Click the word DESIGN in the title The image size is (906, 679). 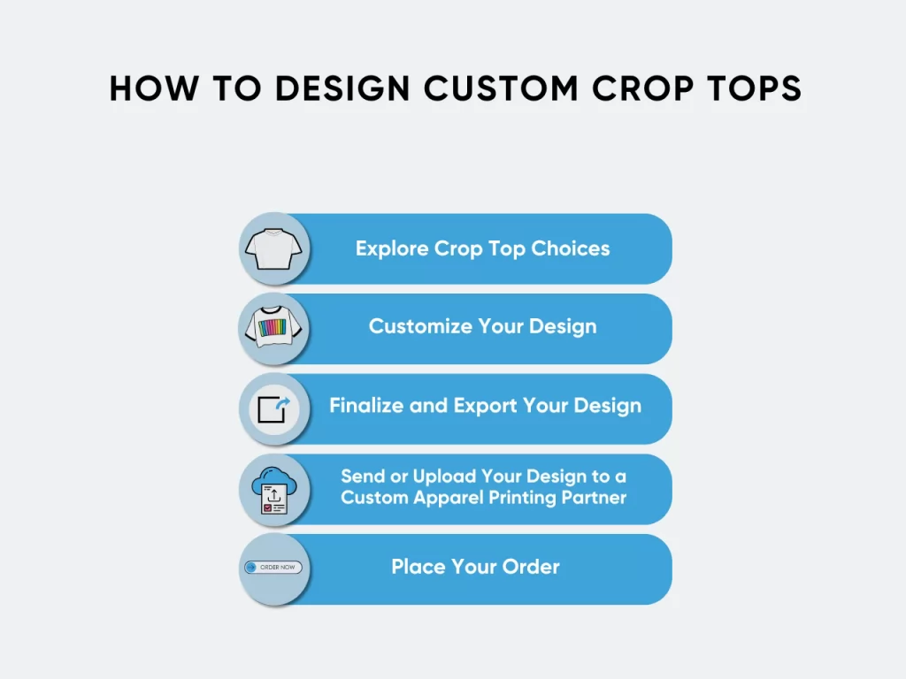(x=342, y=88)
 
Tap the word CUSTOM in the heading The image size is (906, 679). (x=501, y=88)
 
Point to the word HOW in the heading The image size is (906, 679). (x=154, y=88)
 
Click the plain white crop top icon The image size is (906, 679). (x=273, y=248)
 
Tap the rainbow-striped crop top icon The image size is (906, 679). (x=273, y=327)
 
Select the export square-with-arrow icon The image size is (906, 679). (x=274, y=409)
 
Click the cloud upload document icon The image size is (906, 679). (x=274, y=490)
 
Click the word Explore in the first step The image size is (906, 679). (x=392, y=248)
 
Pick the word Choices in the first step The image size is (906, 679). (x=571, y=248)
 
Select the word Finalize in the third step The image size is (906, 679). (x=366, y=405)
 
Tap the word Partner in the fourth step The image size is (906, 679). (x=594, y=498)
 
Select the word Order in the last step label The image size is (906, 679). (x=531, y=567)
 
